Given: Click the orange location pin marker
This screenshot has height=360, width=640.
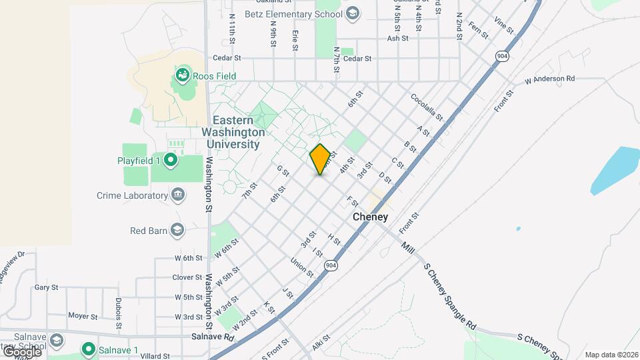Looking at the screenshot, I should click(x=320, y=159).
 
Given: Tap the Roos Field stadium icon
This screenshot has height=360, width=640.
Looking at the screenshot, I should click(x=181, y=76).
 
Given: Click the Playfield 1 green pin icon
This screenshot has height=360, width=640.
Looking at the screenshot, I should click(x=171, y=160).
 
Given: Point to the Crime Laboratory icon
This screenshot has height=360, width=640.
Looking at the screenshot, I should click(x=178, y=195).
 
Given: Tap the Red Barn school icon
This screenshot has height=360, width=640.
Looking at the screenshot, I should click(x=177, y=231).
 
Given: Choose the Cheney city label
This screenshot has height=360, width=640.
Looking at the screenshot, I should click(x=370, y=217).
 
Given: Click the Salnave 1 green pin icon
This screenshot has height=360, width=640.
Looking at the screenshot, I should click(x=87, y=349).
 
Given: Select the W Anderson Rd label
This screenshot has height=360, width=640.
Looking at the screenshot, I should click(x=549, y=79).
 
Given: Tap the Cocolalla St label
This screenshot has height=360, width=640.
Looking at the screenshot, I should click(x=427, y=107).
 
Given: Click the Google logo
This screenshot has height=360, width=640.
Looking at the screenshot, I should click(x=21, y=351).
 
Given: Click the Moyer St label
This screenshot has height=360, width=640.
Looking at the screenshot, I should click(x=85, y=316).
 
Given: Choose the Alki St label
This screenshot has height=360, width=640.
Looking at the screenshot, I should click(x=321, y=343).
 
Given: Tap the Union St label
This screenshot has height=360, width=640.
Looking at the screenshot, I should click(x=303, y=267).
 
